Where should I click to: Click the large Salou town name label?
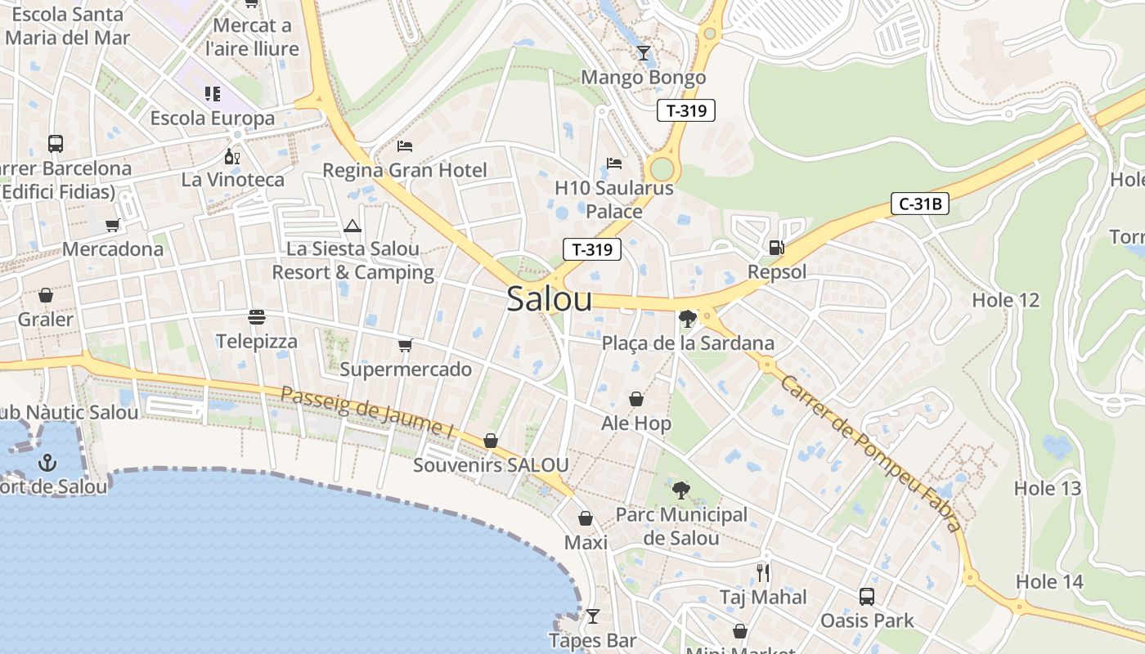point(550,299)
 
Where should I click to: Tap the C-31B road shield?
point(919,204)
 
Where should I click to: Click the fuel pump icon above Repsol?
point(776,247)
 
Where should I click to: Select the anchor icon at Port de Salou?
point(47,463)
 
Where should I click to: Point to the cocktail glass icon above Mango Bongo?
point(644,53)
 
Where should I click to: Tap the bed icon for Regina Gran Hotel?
point(404,146)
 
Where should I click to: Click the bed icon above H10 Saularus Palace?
point(614,163)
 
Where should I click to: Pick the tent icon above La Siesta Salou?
point(352,226)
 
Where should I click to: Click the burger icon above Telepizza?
point(257,317)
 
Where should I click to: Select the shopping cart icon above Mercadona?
point(112,225)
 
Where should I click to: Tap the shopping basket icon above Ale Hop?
point(636,400)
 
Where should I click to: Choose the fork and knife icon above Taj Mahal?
point(763,572)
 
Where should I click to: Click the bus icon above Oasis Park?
point(867,597)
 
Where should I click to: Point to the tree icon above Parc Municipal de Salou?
point(680,490)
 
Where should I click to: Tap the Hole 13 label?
point(1048,489)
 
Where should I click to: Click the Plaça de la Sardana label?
point(688,343)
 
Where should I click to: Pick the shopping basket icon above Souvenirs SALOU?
point(491,441)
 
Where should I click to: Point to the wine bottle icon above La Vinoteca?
point(233,156)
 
